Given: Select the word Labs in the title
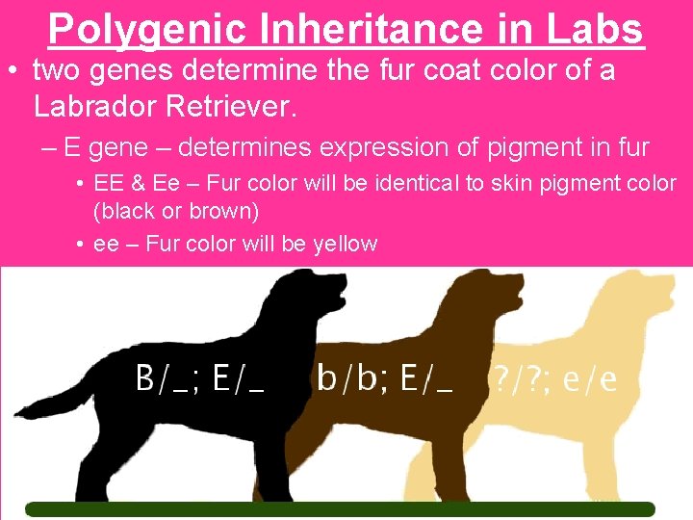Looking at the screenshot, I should pos(596,30).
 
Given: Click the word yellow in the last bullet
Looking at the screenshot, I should pos(345,244).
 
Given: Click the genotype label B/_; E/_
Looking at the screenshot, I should pos(199,378).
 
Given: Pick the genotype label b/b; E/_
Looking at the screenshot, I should pos(384,378).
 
